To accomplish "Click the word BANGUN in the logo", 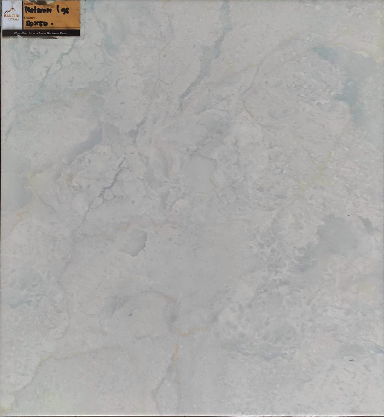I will click(12, 16).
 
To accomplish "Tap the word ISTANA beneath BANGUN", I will click(14, 19).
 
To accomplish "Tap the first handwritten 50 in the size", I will click(29, 24).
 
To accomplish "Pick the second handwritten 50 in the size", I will click(43, 24).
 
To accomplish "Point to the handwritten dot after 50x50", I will click(52, 24).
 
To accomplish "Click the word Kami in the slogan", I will click(63, 33).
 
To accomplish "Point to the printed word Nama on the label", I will click(27, 4).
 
